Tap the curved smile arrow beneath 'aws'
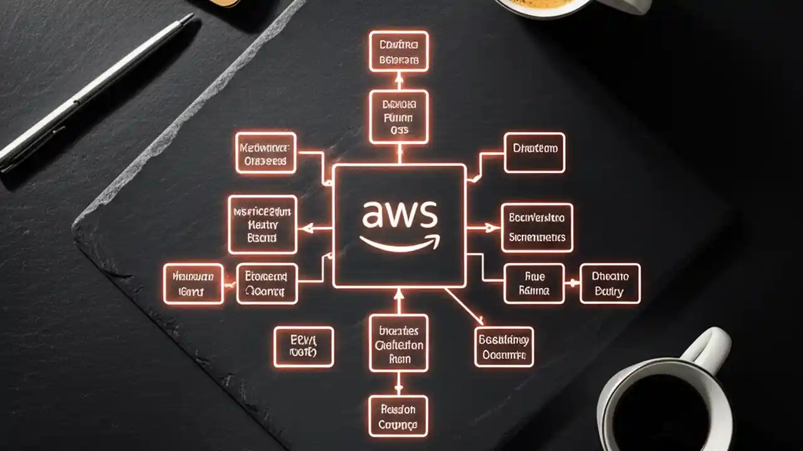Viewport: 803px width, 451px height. pos(400,244)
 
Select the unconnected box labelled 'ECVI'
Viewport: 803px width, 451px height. pos(304,346)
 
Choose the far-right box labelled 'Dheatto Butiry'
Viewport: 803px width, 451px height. pos(610,283)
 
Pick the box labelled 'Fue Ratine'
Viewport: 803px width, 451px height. pos(534,283)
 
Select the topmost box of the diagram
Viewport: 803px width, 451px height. pos(398,51)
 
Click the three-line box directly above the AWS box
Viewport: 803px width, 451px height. pos(398,117)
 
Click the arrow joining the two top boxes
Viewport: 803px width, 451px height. pos(398,81)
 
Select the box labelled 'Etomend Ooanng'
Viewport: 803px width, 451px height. pos(267,284)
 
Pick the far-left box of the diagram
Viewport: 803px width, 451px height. pos(193,284)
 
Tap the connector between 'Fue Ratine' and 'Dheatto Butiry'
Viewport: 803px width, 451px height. pos(572,284)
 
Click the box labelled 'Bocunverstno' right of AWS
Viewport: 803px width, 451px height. pos(537,227)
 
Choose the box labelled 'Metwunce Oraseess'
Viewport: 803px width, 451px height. pos(265,153)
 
